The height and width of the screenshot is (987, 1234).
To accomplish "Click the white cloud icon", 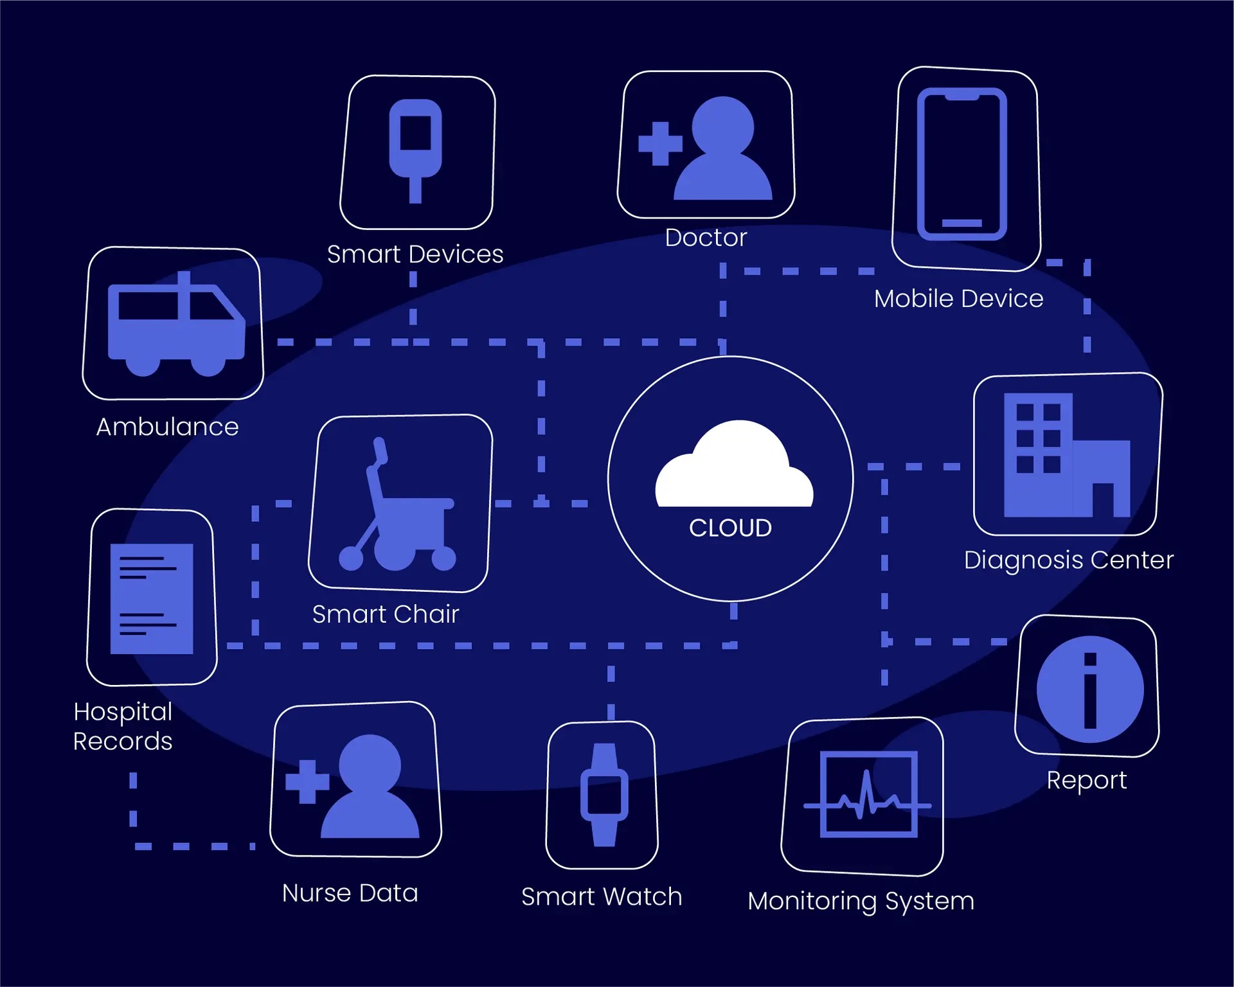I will coord(734,466).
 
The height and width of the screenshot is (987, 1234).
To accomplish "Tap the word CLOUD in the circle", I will coord(730,528).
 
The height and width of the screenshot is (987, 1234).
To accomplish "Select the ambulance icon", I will coord(175,326).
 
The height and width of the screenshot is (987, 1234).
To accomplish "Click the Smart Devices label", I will coord(415,254).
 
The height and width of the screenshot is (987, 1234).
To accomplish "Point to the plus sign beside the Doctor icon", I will coord(660,143).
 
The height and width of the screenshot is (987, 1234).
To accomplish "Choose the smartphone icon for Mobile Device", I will coord(961,164).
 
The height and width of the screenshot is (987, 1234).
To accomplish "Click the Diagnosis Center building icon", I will coord(1066,456).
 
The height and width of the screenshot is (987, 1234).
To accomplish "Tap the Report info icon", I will coord(1090,689).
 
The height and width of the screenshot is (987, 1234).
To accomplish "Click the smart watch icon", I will coord(604,795).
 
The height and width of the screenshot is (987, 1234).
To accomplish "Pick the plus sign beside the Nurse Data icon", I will coord(307,782).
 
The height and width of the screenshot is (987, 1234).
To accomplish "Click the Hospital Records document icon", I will coord(152,599).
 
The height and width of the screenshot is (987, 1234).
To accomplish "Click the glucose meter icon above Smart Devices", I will coord(416,149).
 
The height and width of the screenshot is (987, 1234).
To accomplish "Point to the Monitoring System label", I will coord(861,901).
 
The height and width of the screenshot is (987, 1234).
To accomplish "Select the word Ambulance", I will coord(167,427).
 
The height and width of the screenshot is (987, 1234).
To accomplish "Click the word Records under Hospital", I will coord(123,742).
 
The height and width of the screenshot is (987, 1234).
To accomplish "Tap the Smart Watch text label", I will coord(602,896).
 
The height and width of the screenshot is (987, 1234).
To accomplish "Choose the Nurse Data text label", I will coord(350,893).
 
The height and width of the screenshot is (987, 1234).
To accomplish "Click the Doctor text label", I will coord(706,238).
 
